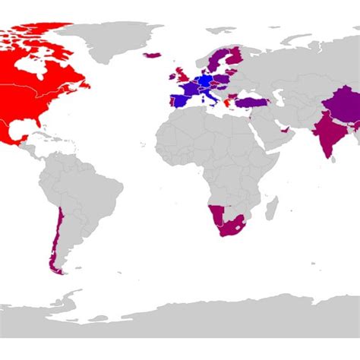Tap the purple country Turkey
tap(248, 99)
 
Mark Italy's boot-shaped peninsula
tap(209, 96)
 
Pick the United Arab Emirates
tap(286, 131)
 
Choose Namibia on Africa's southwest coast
tap(216, 213)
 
